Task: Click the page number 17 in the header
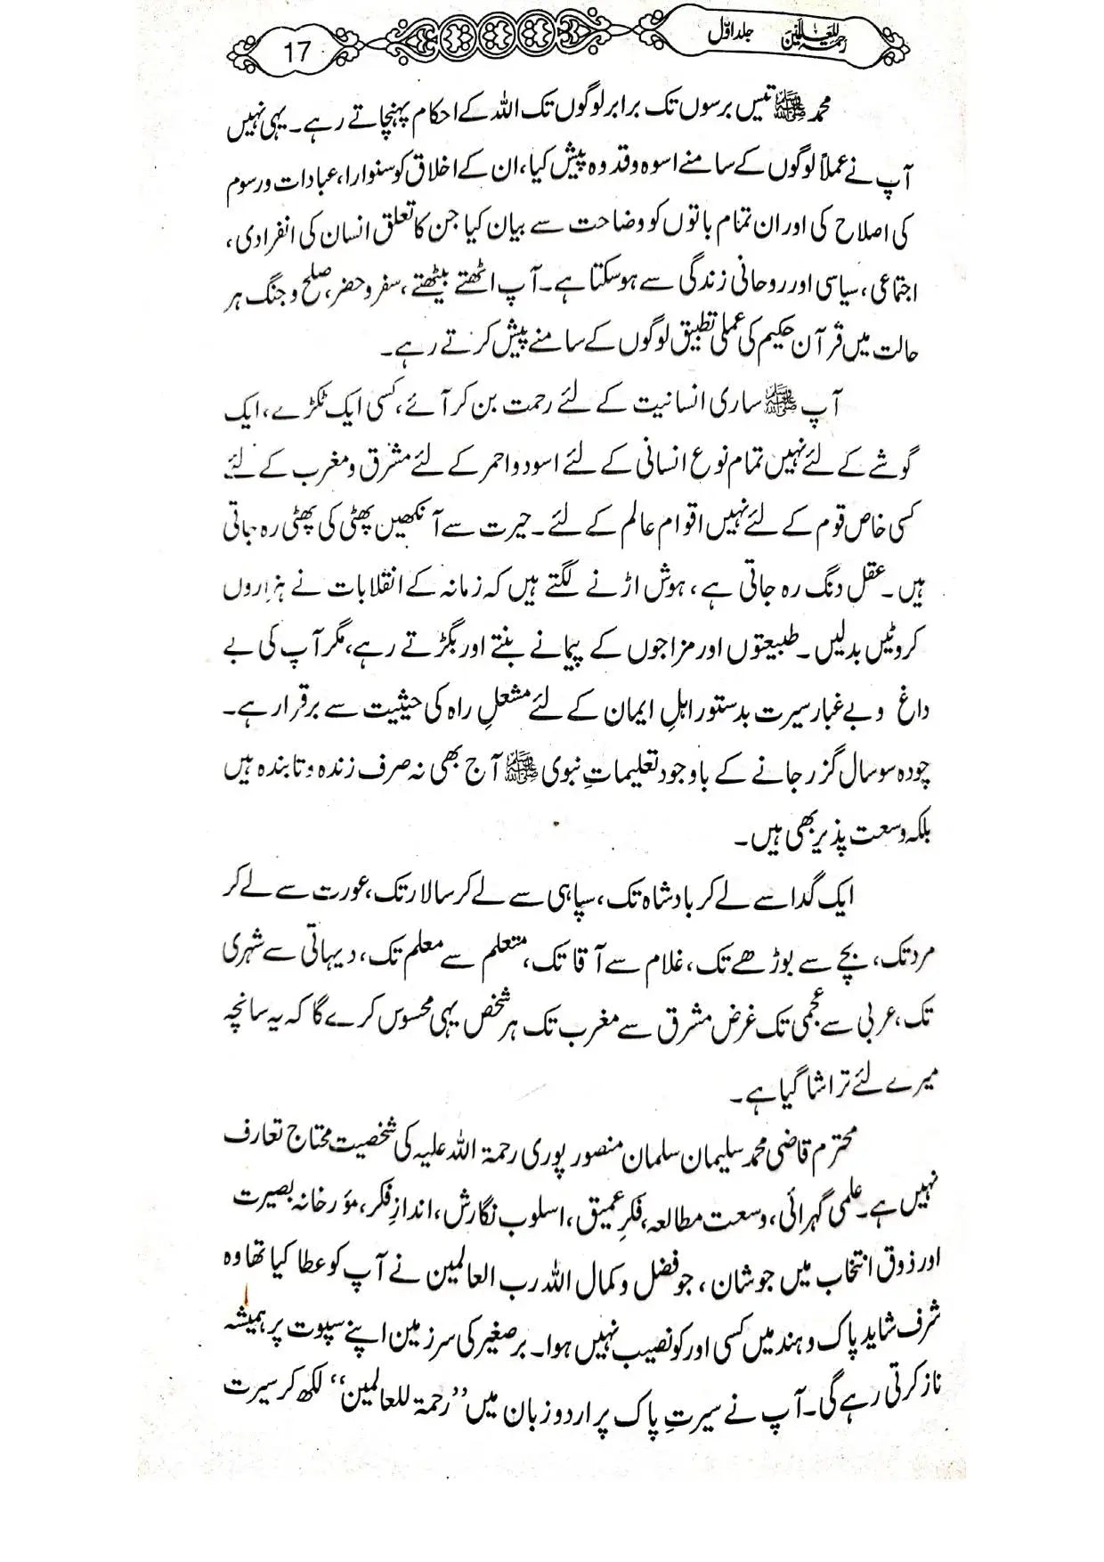click(296, 50)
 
